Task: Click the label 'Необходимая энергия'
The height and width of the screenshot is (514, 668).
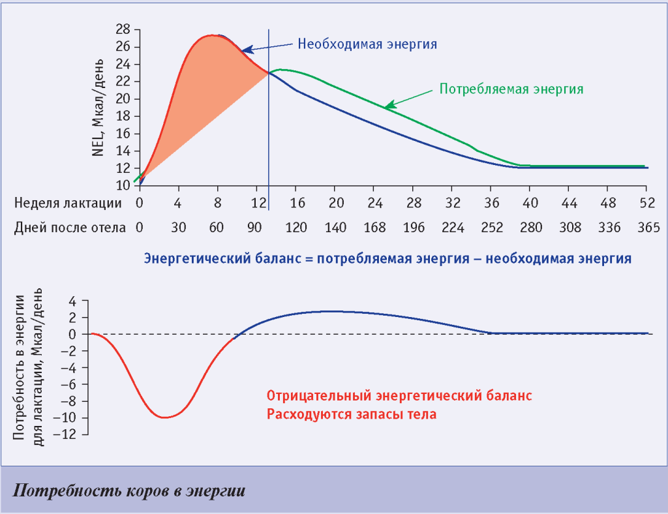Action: click(367, 44)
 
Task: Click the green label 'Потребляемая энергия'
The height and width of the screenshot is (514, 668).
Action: click(511, 89)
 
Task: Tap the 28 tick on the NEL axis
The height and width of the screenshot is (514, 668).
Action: click(123, 30)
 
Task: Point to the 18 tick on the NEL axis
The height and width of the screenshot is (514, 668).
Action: click(123, 116)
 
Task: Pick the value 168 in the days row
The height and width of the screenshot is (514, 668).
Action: click(373, 228)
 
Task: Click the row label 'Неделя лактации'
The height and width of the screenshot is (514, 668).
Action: click(68, 202)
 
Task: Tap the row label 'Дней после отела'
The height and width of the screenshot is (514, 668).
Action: click(68, 228)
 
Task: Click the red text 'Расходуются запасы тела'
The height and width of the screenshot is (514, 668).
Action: click(351, 414)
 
